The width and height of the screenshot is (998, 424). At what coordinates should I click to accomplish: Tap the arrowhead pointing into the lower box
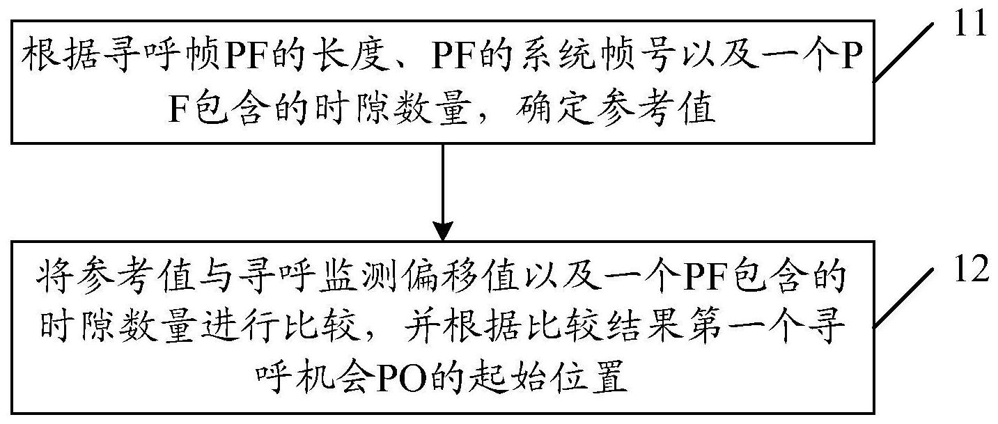[x=443, y=230]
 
